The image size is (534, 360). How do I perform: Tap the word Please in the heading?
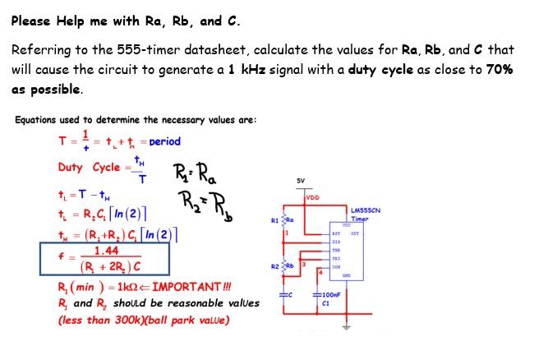(32, 21)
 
